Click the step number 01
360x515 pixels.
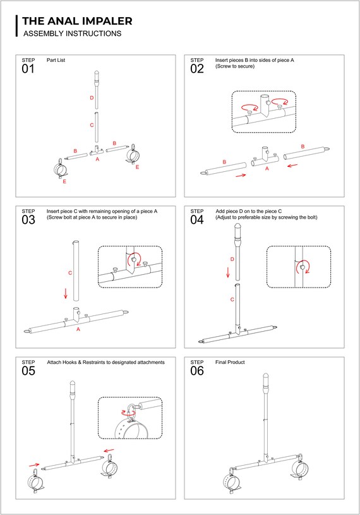click(x=28, y=69)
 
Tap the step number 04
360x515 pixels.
click(x=197, y=220)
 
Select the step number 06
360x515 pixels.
click(x=197, y=371)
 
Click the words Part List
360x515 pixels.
click(x=56, y=60)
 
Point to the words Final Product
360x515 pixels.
click(x=230, y=362)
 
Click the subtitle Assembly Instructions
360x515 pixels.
click(x=72, y=33)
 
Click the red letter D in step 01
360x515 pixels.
click(x=92, y=97)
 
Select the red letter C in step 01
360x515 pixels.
click(x=92, y=125)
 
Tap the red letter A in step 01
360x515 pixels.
click(x=97, y=159)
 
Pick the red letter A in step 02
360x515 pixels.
click(x=267, y=169)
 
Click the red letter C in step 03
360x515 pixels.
click(x=70, y=273)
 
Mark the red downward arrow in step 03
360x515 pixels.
click(x=66, y=293)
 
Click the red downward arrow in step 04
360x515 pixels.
click(x=228, y=272)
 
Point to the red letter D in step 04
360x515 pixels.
click(x=232, y=259)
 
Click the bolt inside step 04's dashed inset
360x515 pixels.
click(x=302, y=267)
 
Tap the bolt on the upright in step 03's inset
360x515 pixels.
click(x=133, y=260)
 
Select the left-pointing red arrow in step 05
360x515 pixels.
click(x=109, y=451)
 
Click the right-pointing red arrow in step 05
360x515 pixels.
click(x=34, y=464)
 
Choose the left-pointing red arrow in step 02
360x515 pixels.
click(x=292, y=165)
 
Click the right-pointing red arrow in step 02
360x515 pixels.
click(x=241, y=176)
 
